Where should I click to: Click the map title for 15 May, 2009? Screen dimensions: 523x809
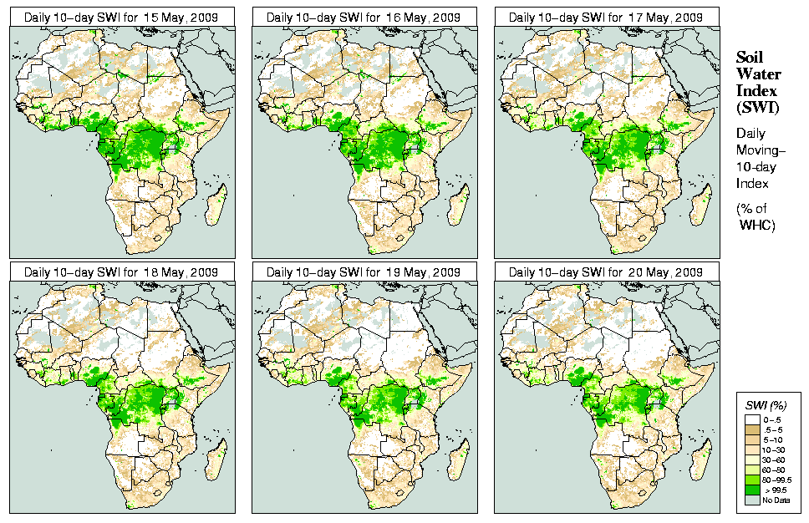[122, 17]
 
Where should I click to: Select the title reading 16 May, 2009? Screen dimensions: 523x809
[364, 17]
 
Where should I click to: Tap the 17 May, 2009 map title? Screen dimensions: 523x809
[607, 17]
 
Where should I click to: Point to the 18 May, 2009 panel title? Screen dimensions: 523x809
[122, 272]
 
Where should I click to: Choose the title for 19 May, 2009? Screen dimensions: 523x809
[364, 272]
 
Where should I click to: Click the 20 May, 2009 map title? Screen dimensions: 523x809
[607, 272]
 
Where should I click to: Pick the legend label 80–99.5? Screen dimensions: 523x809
[776, 480]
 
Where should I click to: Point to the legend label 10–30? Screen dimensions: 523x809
[775, 449]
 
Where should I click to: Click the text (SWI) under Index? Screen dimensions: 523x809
[756, 107]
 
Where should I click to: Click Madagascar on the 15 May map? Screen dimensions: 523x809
[216, 205]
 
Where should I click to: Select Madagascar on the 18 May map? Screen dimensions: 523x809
[216, 460]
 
